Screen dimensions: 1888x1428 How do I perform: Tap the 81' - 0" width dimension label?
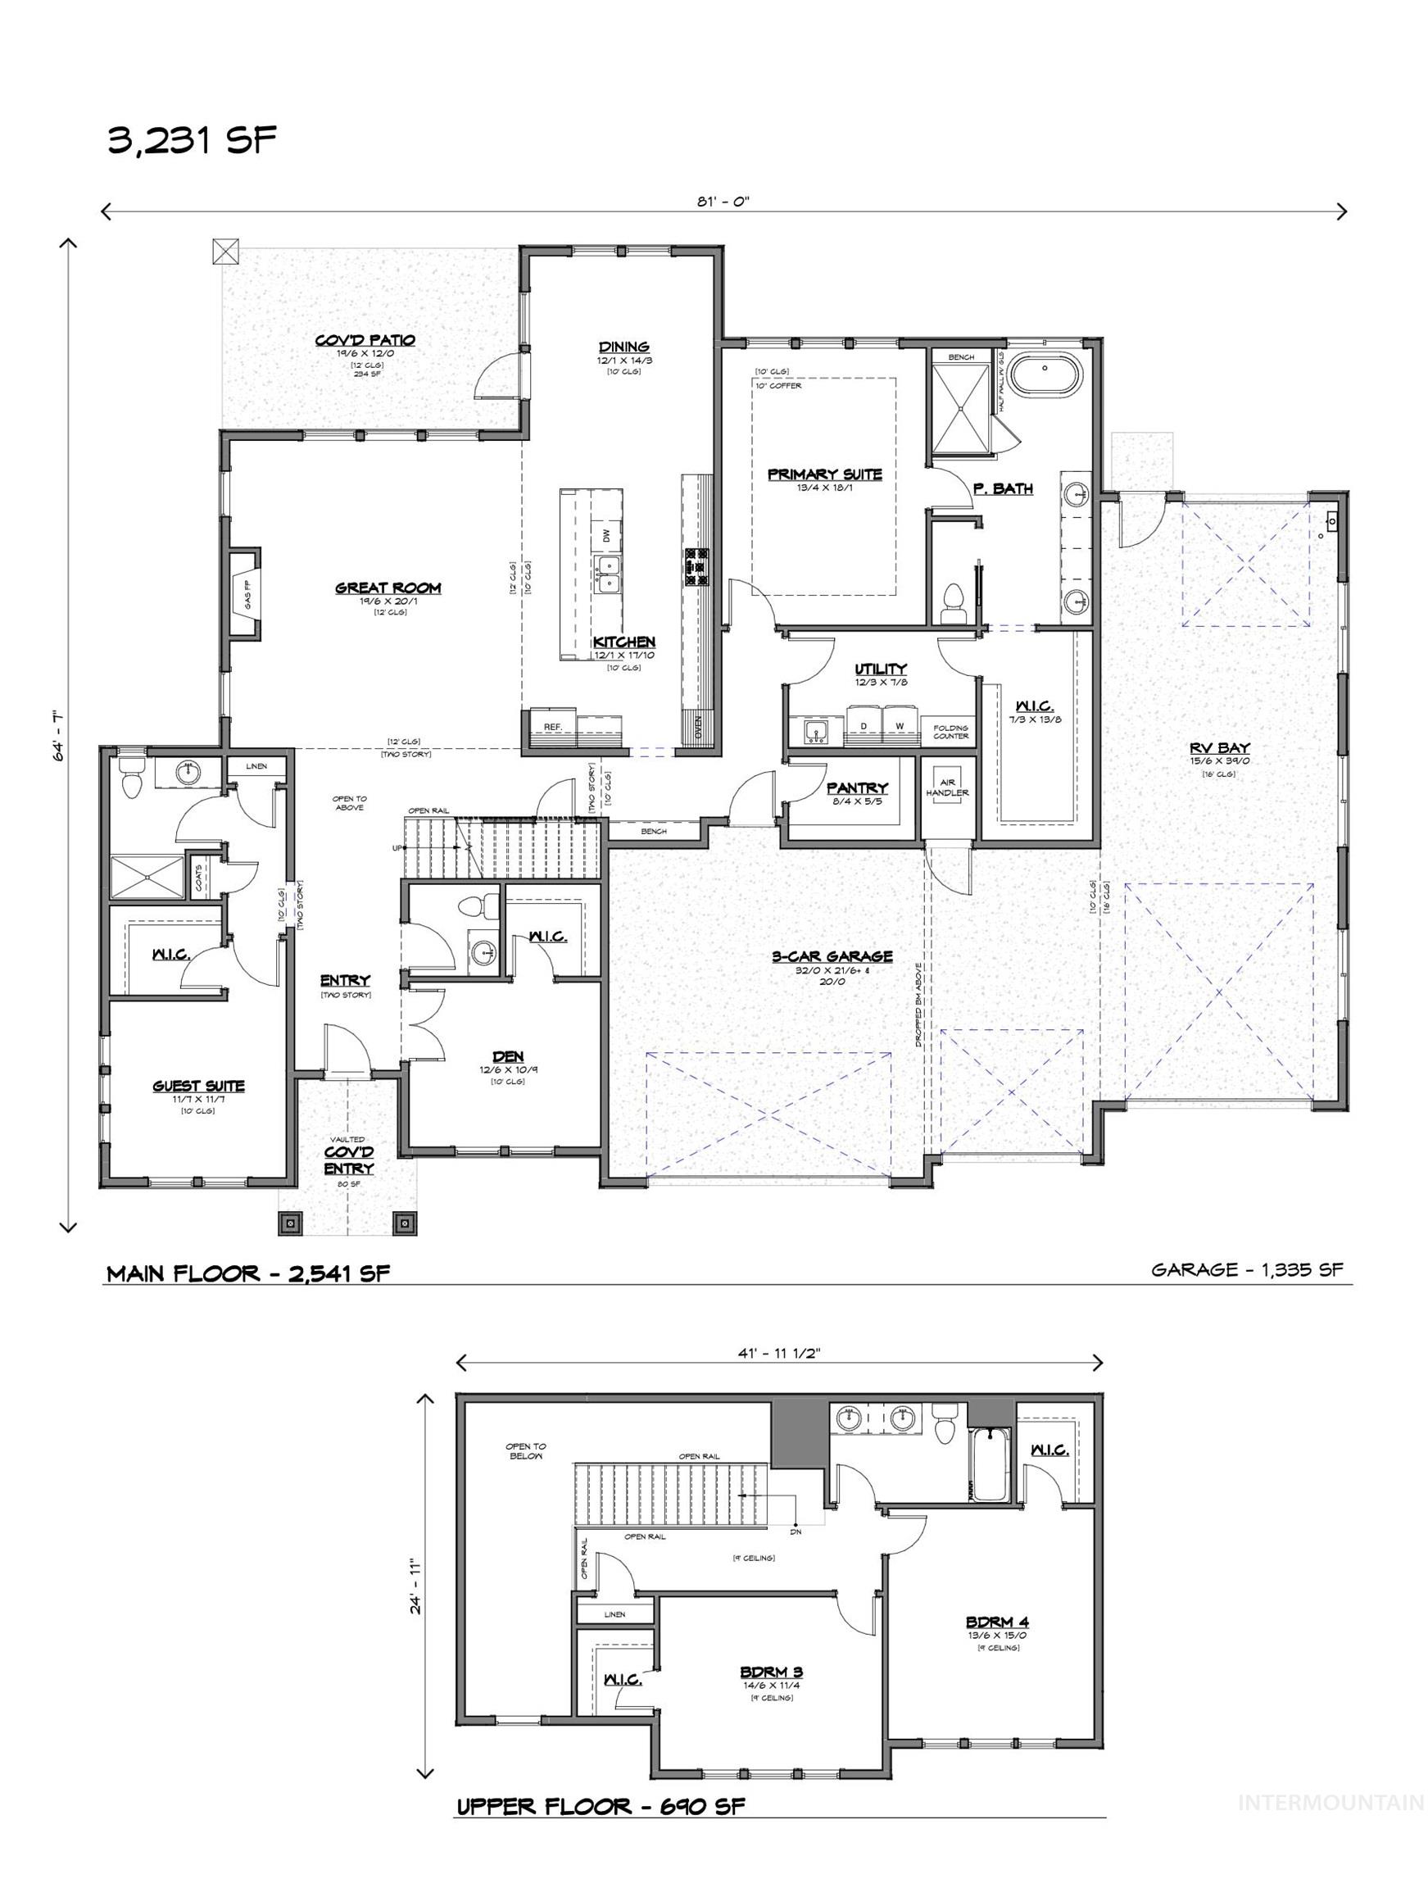click(723, 202)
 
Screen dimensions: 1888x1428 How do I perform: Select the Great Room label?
click(388, 588)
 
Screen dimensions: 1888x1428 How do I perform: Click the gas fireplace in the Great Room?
click(245, 593)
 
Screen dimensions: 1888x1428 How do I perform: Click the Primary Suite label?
click(824, 474)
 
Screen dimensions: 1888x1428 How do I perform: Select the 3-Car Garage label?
click(832, 956)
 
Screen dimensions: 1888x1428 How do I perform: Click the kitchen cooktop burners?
click(695, 566)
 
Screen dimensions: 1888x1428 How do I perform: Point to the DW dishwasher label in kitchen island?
click(606, 536)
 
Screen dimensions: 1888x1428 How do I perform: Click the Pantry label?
click(857, 787)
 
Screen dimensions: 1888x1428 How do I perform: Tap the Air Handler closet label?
click(947, 787)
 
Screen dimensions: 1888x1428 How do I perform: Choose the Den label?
click(507, 1056)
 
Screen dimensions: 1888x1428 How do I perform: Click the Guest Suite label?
click(199, 1086)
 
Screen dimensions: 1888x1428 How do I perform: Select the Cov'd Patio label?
click(365, 340)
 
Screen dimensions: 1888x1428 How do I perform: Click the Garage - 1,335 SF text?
click(1246, 1269)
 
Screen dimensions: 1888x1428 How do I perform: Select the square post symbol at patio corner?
click(225, 251)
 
